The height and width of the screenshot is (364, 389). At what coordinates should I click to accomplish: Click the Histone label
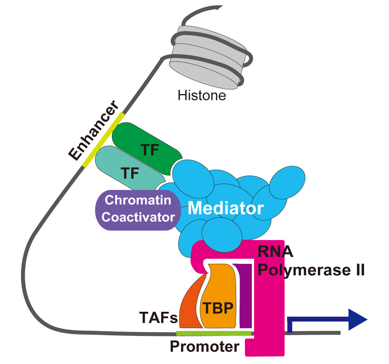pos(202,95)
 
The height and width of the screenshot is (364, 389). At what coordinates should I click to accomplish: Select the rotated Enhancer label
pos(93,130)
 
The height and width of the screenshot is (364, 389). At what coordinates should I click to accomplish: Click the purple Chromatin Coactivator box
pos(138,210)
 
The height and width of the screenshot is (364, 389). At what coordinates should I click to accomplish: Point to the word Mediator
pos(225,208)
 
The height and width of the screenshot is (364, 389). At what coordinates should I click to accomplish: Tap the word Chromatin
pos(138,200)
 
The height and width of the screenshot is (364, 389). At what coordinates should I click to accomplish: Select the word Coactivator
pos(138,217)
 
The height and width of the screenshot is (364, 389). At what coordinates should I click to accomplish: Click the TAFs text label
pos(158,318)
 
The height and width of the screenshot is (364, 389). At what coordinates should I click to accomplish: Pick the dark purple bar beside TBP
pos(245,296)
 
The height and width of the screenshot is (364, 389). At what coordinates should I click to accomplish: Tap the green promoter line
pos(214,333)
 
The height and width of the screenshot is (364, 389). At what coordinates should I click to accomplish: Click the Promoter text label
pos(205,347)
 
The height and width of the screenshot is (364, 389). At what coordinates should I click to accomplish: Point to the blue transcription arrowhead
pos(357,320)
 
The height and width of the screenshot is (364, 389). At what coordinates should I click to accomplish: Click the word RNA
pos(275,251)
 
